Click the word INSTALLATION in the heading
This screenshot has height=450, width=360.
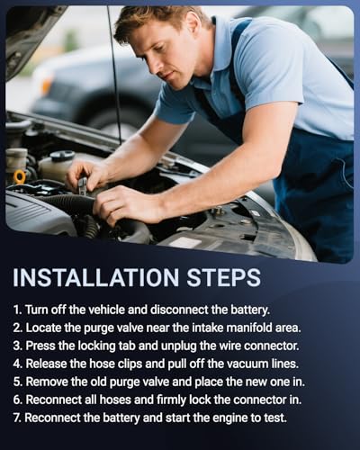[95, 277]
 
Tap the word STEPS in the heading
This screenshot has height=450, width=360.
[223, 277]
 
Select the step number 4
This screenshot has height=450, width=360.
[16, 364]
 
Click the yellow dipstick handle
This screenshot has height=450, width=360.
[20, 177]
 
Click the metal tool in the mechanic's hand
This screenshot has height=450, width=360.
[82, 185]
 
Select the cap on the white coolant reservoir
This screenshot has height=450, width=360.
[62, 156]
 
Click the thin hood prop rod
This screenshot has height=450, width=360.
[114, 75]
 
